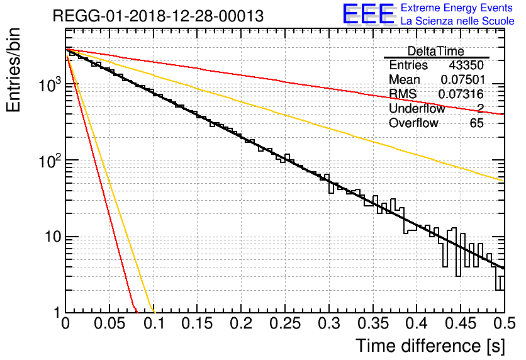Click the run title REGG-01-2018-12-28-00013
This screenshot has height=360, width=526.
point(158,16)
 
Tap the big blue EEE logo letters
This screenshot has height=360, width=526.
point(368,15)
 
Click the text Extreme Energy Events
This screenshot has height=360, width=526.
point(457,8)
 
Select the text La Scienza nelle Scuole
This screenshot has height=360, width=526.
point(457,21)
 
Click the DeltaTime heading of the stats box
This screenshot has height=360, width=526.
point(435,51)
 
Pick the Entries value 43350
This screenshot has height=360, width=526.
point(466,65)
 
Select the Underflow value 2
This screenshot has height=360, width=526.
point(480,109)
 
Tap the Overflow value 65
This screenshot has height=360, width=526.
point(476,123)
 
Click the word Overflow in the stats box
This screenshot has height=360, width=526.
point(413,123)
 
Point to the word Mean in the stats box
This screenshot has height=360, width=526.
point(405,80)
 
